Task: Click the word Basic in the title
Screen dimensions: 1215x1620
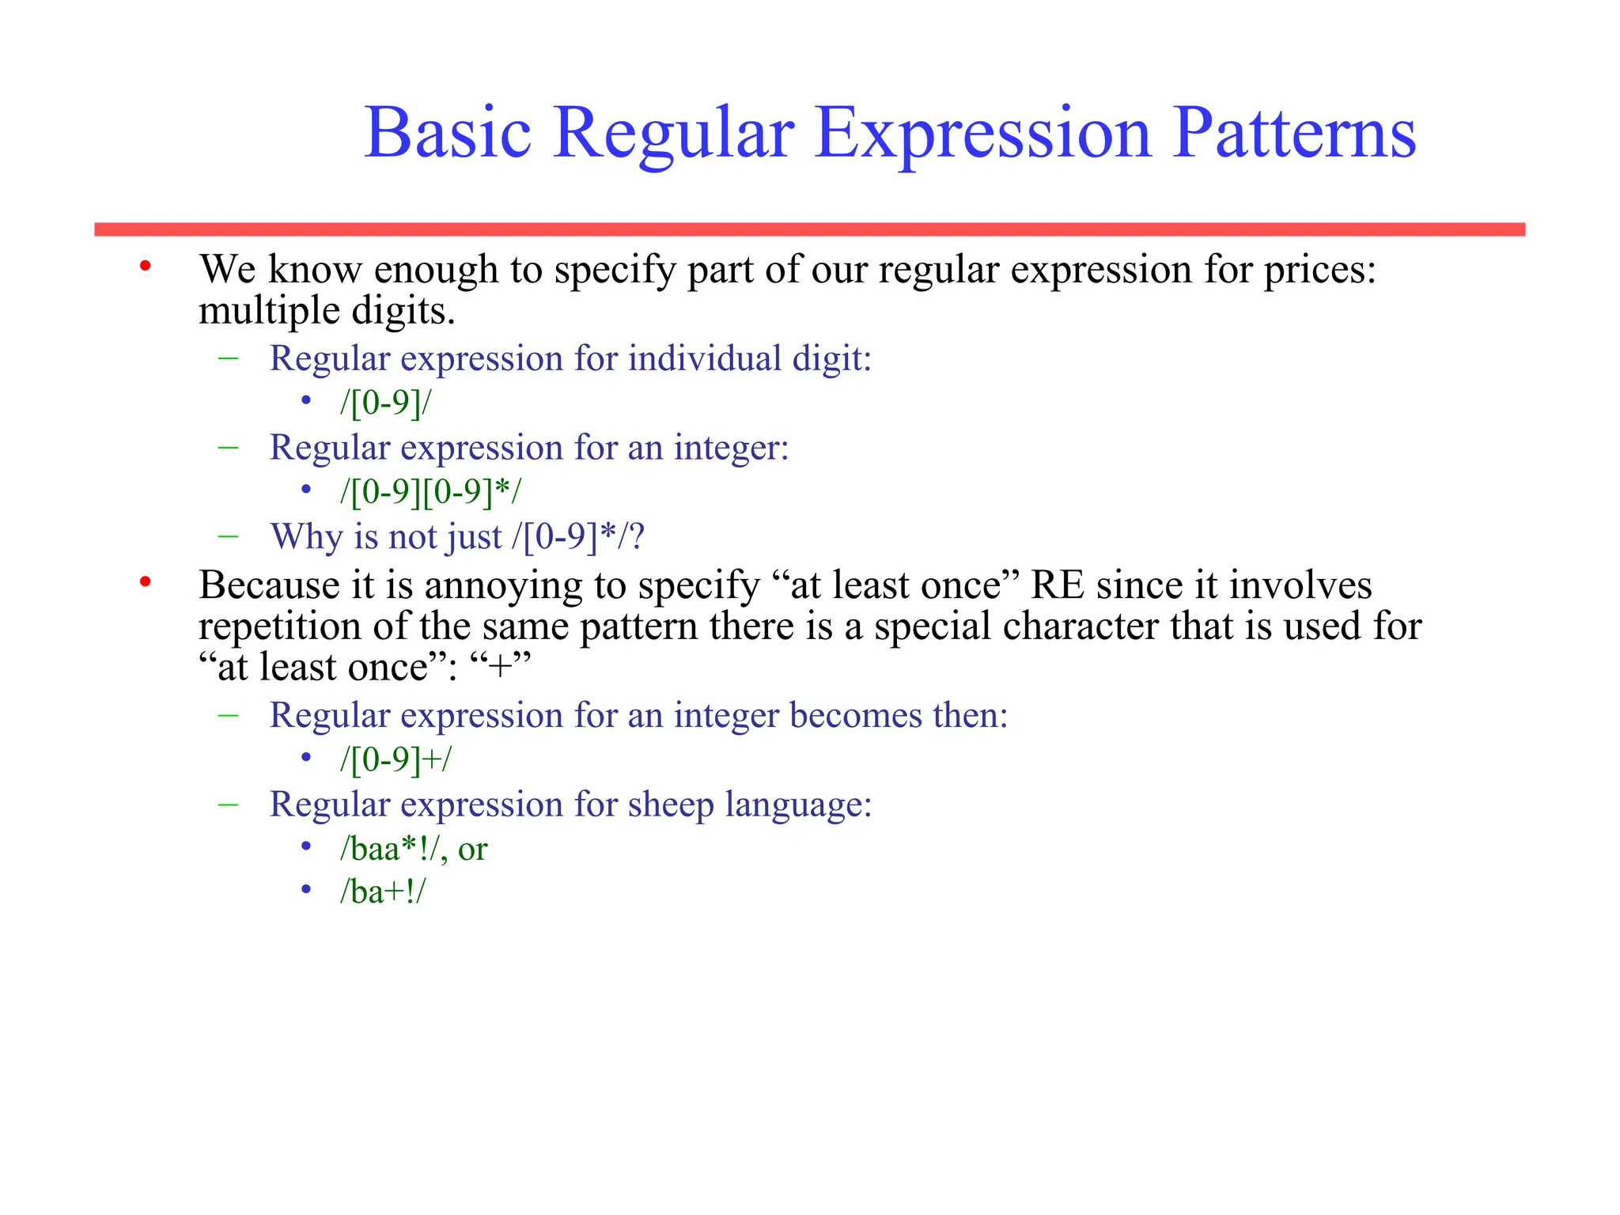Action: [447, 133]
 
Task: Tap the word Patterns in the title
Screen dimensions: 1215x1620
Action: [1294, 133]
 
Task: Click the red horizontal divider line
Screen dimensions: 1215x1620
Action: [809, 229]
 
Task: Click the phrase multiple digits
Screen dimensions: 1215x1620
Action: [327, 311]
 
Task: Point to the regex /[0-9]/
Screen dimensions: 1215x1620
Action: [386, 403]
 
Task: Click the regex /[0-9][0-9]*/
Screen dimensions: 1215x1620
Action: [431, 492]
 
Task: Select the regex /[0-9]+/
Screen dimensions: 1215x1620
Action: [396, 759]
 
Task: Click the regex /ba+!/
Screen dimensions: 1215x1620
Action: [383, 891]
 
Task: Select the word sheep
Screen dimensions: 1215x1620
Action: [671, 804]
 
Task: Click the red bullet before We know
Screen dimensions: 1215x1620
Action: [145, 267]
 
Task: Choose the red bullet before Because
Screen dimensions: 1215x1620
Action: [145, 583]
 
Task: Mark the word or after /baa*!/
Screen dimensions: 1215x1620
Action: [472, 850]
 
